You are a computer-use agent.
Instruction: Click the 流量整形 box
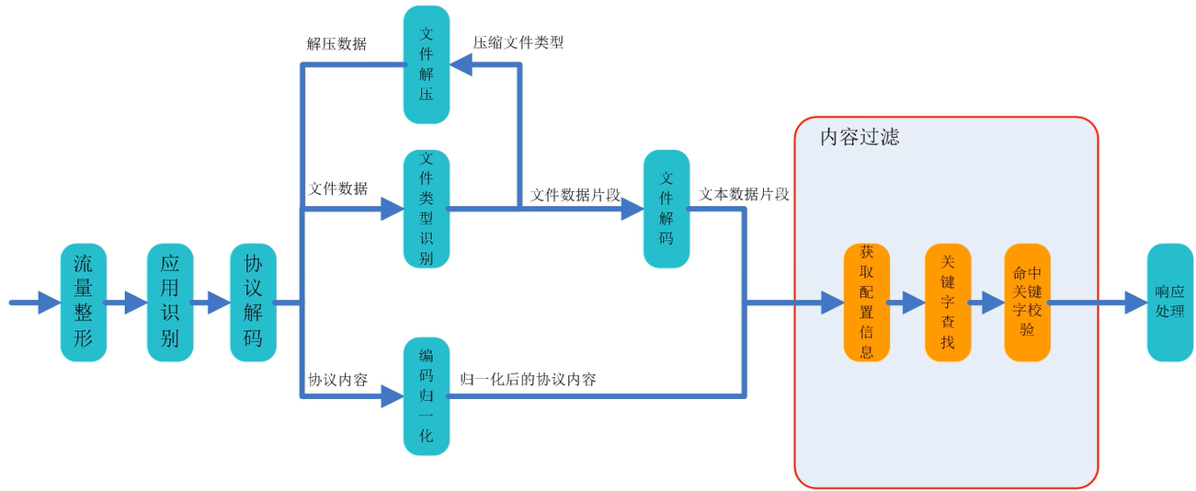84,302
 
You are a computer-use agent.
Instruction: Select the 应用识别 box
170,302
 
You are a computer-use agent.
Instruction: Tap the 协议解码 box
253,302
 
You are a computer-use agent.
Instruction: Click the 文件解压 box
427,64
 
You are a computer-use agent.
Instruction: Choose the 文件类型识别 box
427,209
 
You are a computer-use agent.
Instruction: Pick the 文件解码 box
666,209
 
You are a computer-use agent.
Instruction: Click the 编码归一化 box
427,396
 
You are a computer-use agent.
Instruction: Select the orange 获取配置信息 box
867,302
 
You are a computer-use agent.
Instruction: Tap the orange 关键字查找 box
948,302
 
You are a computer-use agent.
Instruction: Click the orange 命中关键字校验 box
1027,302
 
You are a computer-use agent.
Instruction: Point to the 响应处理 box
1170,302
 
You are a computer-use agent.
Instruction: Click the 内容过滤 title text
860,138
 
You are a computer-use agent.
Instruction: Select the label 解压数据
336,43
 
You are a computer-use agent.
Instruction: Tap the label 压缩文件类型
518,42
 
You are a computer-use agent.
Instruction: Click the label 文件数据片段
575,195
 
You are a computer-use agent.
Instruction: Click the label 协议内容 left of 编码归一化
337,379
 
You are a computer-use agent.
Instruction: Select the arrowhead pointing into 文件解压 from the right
461,64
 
